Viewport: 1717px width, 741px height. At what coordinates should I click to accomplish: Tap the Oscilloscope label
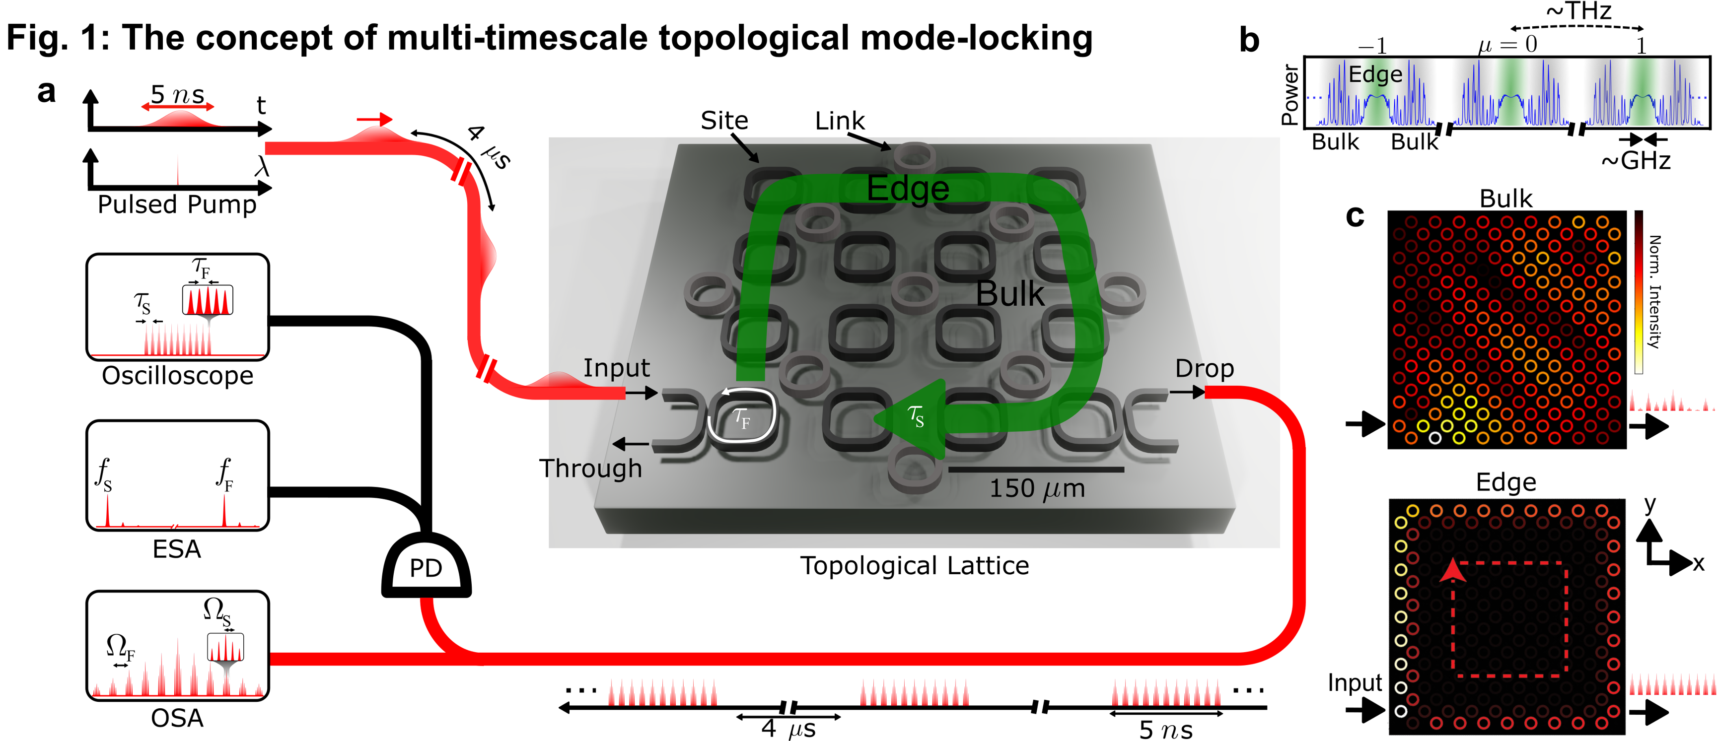(x=177, y=376)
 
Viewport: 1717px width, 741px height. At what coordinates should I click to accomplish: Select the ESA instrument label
(x=177, y=549)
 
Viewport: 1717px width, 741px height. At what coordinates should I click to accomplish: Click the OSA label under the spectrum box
(x=177, y=718)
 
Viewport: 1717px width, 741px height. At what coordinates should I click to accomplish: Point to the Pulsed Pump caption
(x=177, y=204)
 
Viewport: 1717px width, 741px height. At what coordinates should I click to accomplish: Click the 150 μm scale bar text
(x=1036, y=488)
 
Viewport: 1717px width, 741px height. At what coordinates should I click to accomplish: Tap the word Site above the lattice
(x=724, y=121)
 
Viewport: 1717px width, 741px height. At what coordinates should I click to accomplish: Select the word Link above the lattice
(x=839, y=121)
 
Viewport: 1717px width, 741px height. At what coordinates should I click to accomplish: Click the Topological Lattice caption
(x=915, y=566)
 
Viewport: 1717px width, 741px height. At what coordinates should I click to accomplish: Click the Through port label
(x=590, y=469)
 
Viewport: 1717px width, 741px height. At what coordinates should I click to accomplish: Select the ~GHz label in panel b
(x=1636, y=161)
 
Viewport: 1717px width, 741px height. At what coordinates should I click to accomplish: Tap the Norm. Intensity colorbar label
(x=1654, y=292)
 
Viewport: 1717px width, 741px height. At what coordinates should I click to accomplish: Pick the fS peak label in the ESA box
(x=104, y=474)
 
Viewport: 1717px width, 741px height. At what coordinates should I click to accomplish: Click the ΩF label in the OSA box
(x=120, y=646)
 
